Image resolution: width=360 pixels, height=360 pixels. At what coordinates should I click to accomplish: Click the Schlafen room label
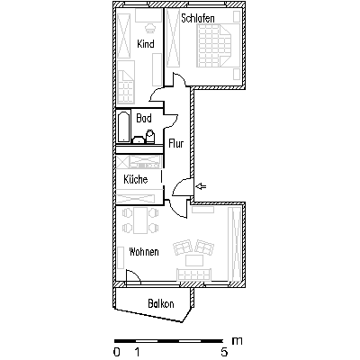(198, 18)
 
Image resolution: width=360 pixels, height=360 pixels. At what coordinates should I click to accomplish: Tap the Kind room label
(146, 44)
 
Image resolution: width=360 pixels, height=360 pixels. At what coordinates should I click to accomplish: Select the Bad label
(144, 118)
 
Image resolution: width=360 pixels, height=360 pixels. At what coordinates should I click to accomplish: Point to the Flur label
(176, 143)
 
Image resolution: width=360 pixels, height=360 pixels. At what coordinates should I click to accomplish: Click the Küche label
(136, 179)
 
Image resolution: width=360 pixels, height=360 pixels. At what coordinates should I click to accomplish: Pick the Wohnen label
(144, 252)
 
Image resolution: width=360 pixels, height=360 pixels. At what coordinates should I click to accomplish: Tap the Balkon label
(161, 304)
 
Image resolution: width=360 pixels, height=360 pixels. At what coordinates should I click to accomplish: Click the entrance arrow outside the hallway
(201, 187)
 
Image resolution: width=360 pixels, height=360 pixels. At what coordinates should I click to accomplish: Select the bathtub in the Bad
(124, 127)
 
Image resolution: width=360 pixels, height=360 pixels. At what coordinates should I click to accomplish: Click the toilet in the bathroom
(150, 136)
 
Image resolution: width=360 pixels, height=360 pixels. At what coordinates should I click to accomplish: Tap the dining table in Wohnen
(140, 220)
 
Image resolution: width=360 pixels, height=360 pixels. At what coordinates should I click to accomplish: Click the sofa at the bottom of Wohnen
(194, 274)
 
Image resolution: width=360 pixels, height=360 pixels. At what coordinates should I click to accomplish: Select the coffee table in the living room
(194, 260)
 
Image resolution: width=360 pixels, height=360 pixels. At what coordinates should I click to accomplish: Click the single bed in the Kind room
(126, 82)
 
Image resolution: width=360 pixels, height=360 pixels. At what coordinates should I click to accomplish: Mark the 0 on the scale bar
(117, 352)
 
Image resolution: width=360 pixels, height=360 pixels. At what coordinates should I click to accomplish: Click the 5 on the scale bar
(224, 352)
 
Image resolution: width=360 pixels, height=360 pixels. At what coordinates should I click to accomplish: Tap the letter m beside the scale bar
(237, 341)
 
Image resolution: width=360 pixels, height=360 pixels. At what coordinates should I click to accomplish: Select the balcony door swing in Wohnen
(133, 276)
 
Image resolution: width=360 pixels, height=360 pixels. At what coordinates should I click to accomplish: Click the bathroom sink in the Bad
(139, 139)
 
